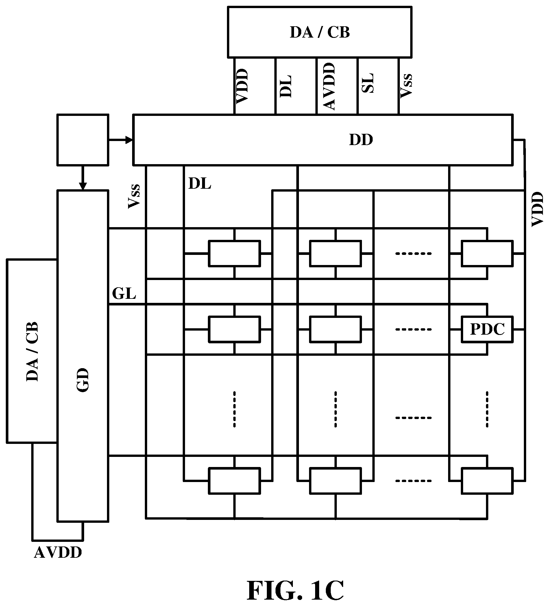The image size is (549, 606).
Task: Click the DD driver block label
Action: click(361, 140)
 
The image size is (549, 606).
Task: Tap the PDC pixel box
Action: click(487, 329)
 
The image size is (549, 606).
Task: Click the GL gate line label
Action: click(124, 293)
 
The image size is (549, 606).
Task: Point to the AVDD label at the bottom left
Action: click(58, 553)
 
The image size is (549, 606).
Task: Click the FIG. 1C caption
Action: click(295, 590)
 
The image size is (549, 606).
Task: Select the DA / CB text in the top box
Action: click(319, 32)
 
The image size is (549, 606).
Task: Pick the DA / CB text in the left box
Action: click(32, 351)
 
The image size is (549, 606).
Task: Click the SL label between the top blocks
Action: click(367, 83)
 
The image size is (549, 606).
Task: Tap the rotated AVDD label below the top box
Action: click(329, 86)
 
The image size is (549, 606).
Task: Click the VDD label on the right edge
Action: click(537, 209)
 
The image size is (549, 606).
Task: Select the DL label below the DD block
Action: click(200, 184)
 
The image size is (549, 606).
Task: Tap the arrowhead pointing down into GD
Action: click(83, 186)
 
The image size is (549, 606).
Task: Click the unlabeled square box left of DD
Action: click(83, 140)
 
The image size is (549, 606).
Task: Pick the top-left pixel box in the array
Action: click(234, 253)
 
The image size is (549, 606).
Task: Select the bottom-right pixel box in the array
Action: click(487, 481)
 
